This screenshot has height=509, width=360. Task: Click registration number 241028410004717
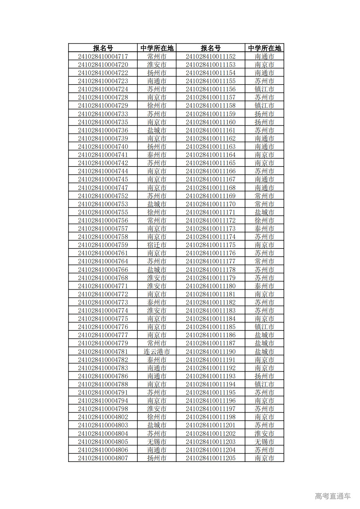[x=103, y=56]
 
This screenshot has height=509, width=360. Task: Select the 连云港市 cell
[x=157, y=352]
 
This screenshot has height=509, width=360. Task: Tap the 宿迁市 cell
[x=157, y=245]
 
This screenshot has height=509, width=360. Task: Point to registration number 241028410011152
[x=211, y=56]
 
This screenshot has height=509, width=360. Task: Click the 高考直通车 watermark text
[x=333, y=496]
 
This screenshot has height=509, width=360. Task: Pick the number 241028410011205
[x=211, y=458]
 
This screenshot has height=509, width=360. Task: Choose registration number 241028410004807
[x=103, y=458]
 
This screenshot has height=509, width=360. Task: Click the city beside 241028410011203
[x=264, y=442]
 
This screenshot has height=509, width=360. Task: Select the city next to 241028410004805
[x=157, y=442]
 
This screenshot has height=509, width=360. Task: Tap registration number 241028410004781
[x=103, y=352]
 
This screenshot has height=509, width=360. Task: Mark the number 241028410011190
[x=211, y=352]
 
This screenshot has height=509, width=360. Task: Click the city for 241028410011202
[x=264, y=434]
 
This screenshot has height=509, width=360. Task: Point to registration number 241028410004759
[x=103, y=245]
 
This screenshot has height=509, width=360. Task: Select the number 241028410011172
[x=211, y=220]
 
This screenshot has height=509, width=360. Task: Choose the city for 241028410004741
[x=157, y=155]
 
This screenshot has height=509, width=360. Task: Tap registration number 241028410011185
[x=211, y=327]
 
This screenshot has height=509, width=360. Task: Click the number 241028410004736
[x=103, y=130]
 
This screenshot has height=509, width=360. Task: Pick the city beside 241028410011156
[x=264, y=89]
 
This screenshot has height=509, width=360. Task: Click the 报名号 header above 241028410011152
[x=211, y=48]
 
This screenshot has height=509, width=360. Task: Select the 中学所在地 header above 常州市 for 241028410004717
[x=157, y=48]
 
